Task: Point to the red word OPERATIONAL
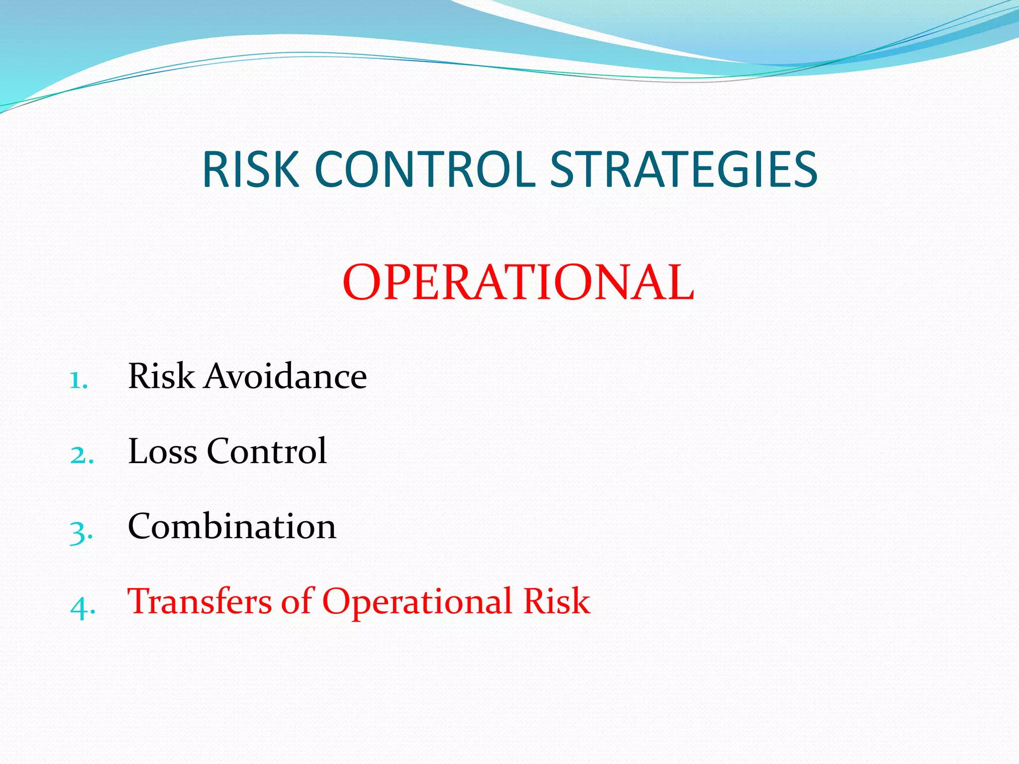[518, 283]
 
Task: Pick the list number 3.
[81, 531]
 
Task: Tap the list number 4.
[82, 607]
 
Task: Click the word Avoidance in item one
[286, 376]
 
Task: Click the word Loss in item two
[162, 451]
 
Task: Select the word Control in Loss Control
[267, 451]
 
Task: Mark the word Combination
[232, 526]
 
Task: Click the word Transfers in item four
[200, 601]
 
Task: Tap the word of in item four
[297, 601]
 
